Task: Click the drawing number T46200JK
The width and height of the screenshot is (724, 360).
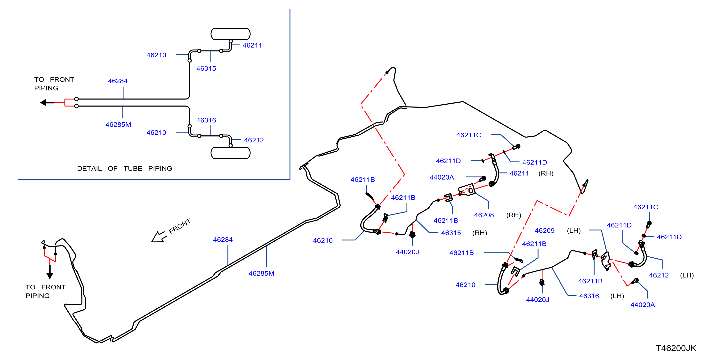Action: point(676,348)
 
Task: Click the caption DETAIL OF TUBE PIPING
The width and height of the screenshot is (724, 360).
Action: point(125,168)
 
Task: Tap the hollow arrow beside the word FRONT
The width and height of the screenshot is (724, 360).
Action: point(159,237)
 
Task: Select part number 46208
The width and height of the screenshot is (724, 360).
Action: point(484,215)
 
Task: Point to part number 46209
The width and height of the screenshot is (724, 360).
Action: point(544,231)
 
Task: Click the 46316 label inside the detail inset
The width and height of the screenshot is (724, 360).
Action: point(206,120)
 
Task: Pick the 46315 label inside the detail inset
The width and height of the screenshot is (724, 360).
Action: point(206,68)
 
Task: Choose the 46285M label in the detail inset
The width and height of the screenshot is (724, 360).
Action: point(118,125)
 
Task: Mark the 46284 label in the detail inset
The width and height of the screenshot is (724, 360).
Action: point(118,81)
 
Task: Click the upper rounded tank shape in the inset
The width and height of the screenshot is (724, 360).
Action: point(231,34)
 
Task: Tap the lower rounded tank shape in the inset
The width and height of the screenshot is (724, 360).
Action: point(231,153)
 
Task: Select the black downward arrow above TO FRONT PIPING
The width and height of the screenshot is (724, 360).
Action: point(50,272)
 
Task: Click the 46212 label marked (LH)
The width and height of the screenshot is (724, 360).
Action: point(659,275)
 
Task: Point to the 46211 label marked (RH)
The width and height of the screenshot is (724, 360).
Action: point(519,173)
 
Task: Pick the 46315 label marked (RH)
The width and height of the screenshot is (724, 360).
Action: point(451,233)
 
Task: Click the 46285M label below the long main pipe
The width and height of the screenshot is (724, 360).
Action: point(261,273)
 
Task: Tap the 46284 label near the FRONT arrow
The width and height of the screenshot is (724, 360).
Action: point(223,240)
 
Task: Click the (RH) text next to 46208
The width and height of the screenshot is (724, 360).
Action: point(514,215)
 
